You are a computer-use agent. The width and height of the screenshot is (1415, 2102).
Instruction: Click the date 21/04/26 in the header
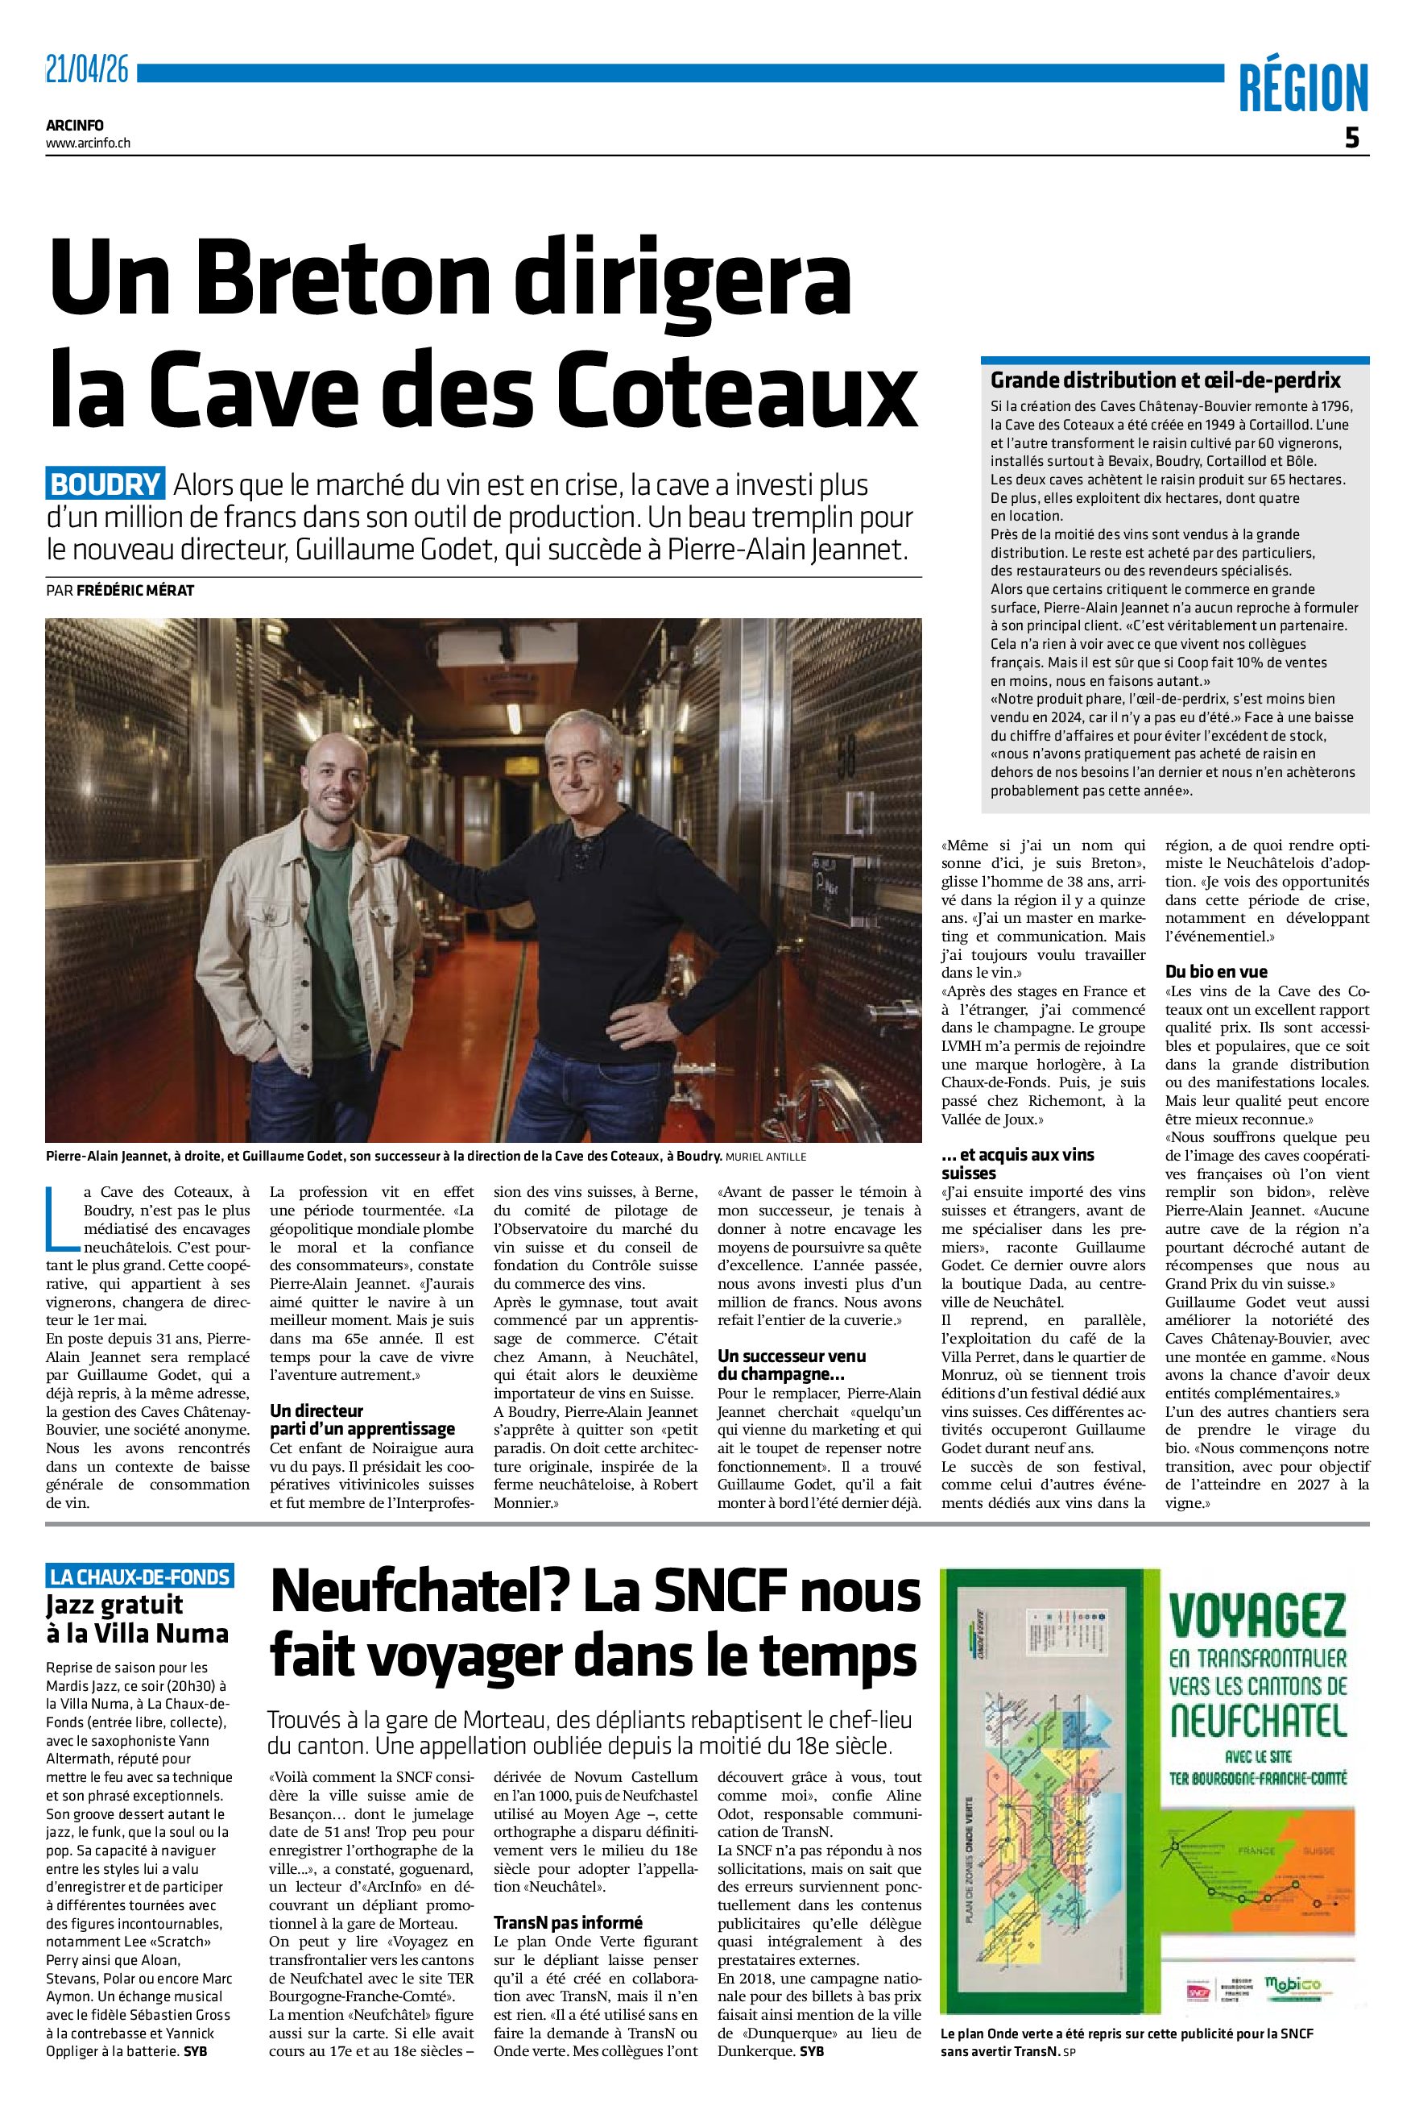[88, 69]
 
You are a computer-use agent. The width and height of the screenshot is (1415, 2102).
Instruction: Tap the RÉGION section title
[1302, 89]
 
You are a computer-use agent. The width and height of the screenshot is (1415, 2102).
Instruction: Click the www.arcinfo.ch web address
[89, 143]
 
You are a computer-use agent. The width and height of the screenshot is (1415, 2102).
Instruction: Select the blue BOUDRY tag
[105, 485]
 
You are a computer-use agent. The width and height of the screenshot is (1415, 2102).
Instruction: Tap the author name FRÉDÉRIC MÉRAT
[135, 591]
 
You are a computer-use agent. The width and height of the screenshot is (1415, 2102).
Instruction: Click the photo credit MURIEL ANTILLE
[765, 1157]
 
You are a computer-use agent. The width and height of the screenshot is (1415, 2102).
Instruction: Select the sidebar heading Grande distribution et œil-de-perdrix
[1165, 380]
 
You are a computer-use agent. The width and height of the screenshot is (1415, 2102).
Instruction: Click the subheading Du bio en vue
[1215, 971]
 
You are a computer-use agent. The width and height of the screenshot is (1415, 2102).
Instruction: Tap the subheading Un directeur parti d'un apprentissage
[362, 1419]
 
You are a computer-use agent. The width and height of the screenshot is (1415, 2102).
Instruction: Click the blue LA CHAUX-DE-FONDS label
[140, 1577]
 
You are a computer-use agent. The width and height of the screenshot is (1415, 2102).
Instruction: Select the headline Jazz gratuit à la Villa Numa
[137, 1619]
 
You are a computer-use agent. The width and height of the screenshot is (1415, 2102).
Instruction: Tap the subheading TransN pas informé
[568, 1923]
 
